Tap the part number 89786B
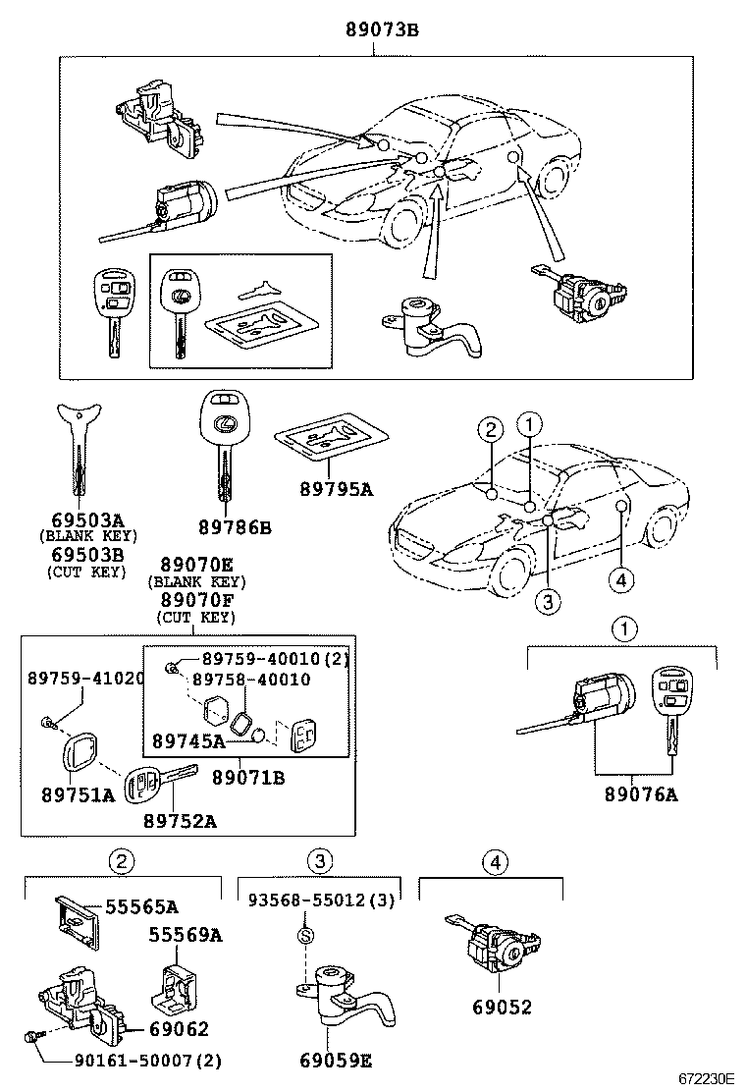pos(234,528)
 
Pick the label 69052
pos(500,1007)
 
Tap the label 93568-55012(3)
pos(321,900)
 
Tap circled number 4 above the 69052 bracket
pos(496,862)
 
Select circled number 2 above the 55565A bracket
pos(120,862)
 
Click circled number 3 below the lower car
pos(549,601)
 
